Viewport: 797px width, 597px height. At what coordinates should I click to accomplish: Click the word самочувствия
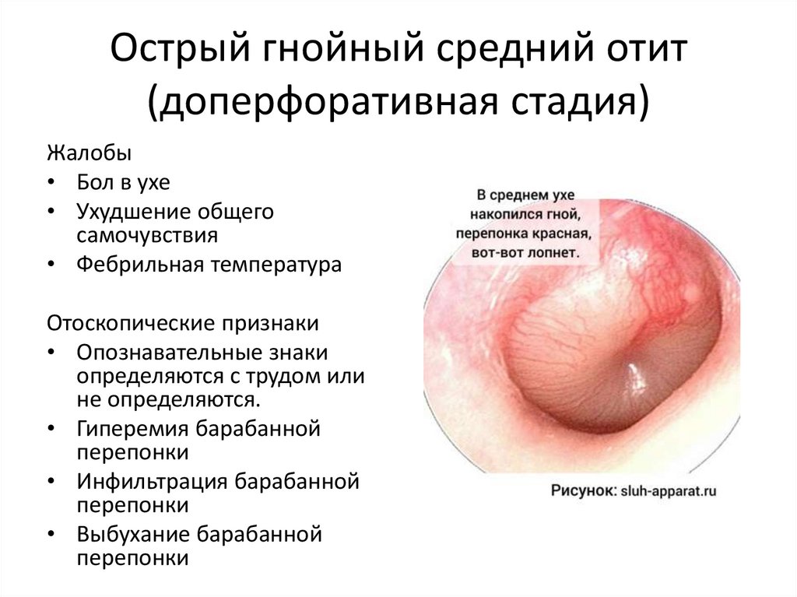point(147,235)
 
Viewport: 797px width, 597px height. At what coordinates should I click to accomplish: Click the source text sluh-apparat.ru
point(668,491)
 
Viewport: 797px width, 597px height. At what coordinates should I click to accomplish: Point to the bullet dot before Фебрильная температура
point(51,265)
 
